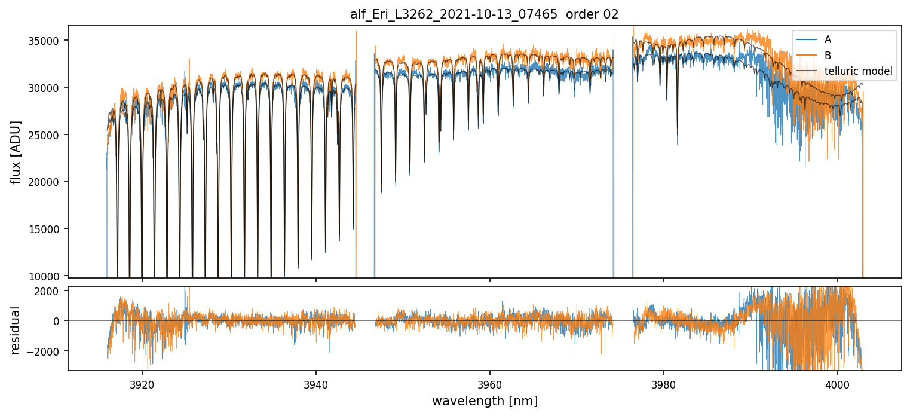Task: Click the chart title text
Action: click(485, 14)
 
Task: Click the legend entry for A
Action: click(828, 39)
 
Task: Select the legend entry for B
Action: click(828, 56)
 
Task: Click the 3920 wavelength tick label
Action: click(142, 383)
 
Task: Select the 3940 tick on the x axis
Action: click(316, 383)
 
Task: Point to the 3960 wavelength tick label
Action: click(490, 383)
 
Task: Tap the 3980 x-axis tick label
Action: click(664, 383)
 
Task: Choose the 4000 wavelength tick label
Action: click(837, 383)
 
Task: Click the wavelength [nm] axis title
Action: click(485, 400)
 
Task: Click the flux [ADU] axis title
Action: click(16, 152)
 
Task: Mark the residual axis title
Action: click(16, 330)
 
